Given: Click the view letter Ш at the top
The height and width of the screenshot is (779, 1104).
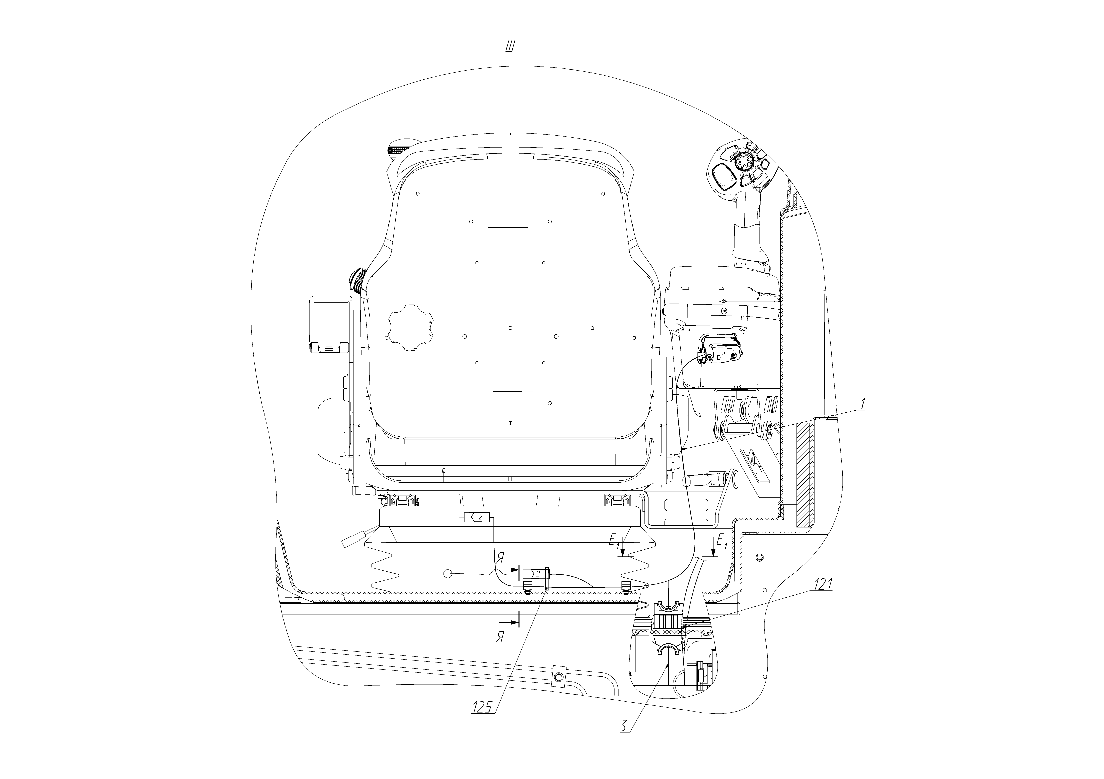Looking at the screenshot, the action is [510, 47].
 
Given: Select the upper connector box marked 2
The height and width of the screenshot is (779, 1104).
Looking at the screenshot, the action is [477, 517].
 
